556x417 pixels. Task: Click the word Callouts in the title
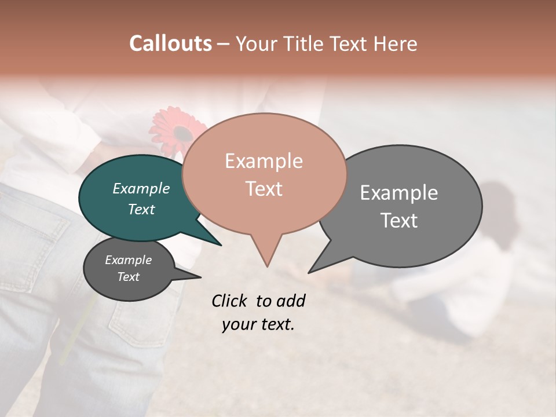pos(170,43)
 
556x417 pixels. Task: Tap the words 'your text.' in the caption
pos(258,324)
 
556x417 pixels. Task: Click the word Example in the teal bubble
pos(141,188)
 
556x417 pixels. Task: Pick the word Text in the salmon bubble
pos(264,188)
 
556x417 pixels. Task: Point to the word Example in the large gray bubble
pos(399,192)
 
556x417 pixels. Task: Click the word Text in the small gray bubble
pos(129,277)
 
